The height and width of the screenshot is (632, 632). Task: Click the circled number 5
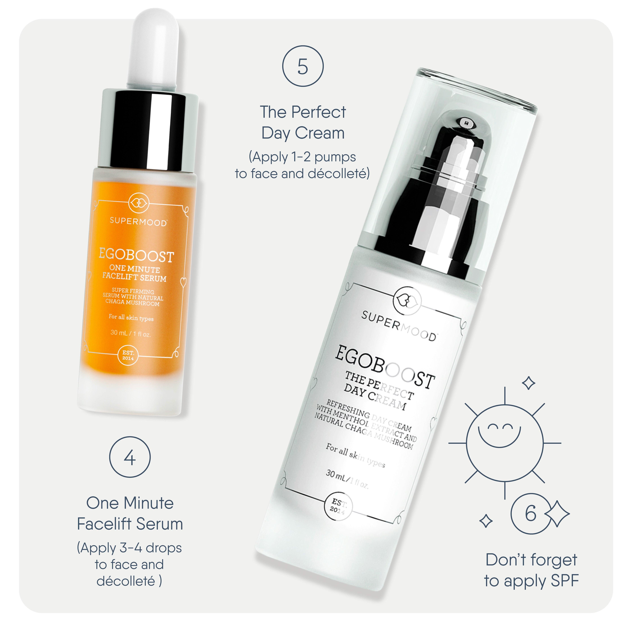303,66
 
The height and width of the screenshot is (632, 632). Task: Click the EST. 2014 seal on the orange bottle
128,355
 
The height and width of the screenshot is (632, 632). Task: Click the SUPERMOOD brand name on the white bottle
398,325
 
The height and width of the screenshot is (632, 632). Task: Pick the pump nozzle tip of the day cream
465,123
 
